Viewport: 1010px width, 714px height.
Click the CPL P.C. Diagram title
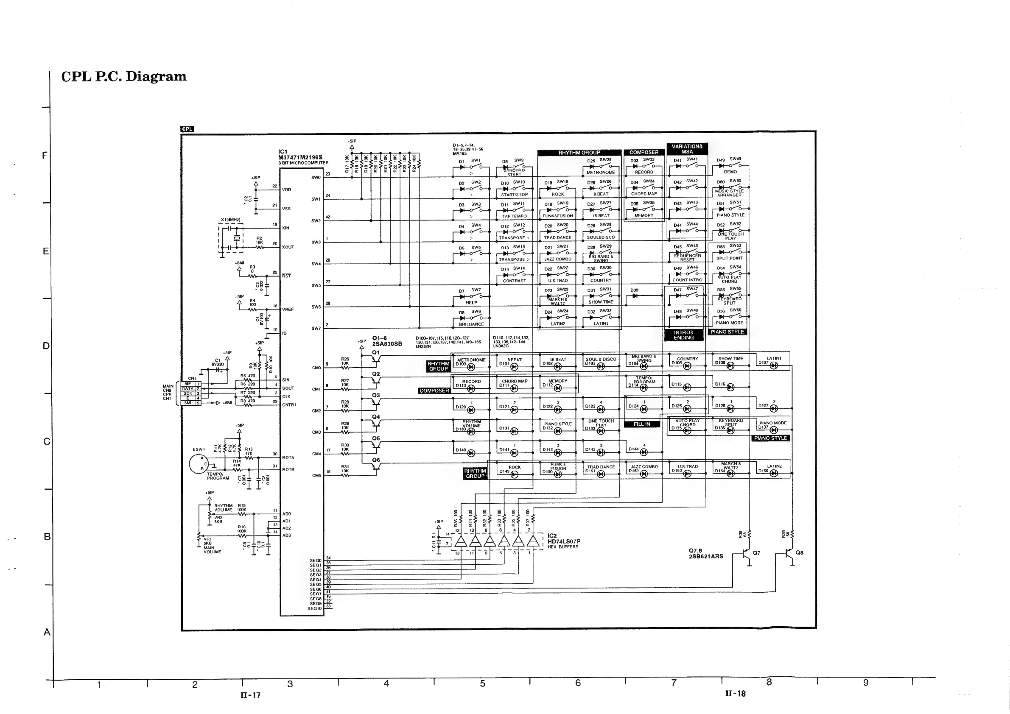[123, 76]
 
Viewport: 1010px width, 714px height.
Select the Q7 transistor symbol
[746, 555]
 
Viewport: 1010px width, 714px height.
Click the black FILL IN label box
[642, 424]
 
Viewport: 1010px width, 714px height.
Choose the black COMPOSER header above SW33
[643, 153]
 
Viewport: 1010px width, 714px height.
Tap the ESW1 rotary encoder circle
[198, 464]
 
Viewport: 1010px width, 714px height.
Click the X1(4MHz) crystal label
[230, 219]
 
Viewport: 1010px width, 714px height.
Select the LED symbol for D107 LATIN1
[773, 366]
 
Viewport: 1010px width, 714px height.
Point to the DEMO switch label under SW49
[730, 172]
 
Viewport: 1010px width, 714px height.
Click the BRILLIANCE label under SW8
[471, 324]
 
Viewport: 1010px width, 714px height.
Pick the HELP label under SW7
[471, 302]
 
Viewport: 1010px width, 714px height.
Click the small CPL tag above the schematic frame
[187, 129]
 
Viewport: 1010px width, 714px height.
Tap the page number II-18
[736, 694]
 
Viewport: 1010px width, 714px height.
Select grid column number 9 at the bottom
[865, 683]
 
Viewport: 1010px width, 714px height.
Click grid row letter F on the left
[45, 155]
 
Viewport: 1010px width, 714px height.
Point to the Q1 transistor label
[376, 353]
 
